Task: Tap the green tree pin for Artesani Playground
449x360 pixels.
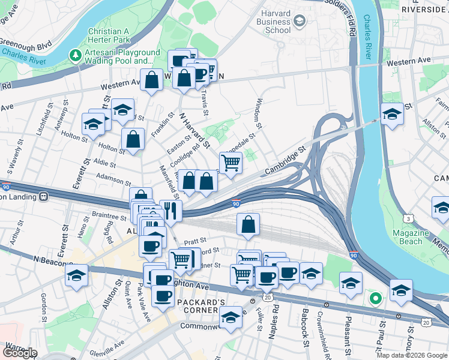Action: click(x=76, y=56)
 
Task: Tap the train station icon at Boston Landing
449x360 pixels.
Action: click(x=44, y=196)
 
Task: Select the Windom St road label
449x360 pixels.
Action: click(x=259, y=113)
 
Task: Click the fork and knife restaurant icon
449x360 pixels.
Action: click(x=171, y=210)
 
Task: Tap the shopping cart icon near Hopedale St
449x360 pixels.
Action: click(x=231, y=161)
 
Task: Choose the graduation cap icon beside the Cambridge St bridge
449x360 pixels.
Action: click(x=392, y=113)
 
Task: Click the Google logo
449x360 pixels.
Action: click(x=20, y=353)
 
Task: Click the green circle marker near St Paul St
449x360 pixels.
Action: click(x=376, y=298)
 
